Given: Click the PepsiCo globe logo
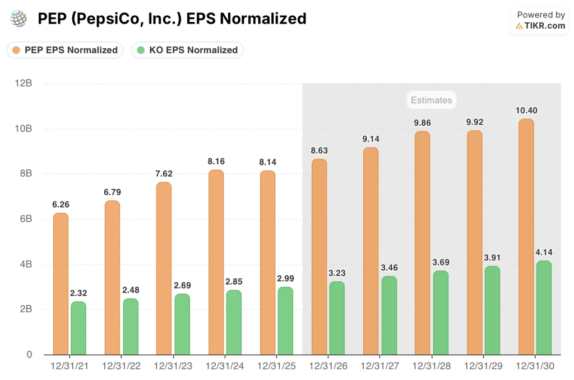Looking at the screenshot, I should (x=18, y=19).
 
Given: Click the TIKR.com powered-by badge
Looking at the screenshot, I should (x=540, y=21).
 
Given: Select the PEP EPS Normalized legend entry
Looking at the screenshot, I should (x=65, y=50).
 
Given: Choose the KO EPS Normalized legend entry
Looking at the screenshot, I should (x=187, y=50).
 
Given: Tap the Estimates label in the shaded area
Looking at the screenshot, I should (x=431, y=100).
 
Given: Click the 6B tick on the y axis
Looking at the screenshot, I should (x=25, y=219).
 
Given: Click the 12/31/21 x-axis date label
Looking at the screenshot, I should (x=69, y=365).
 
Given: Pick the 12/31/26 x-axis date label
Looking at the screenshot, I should (x=327, y=365).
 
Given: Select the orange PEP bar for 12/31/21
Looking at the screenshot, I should (x=61, y=284).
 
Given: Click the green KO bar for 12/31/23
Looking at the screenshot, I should (x=182, y=324).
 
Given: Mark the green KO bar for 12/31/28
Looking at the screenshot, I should (x=441, y=313).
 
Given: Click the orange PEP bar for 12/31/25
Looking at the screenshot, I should (x=267, y=263).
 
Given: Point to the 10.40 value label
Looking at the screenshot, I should (x=526, y=111).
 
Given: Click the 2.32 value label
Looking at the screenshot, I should (x=78, y=293).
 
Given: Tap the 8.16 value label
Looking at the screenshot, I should (x=216, y=161).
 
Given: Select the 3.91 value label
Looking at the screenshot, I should (x=492, y=258).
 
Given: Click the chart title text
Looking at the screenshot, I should (x=172, y=19).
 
